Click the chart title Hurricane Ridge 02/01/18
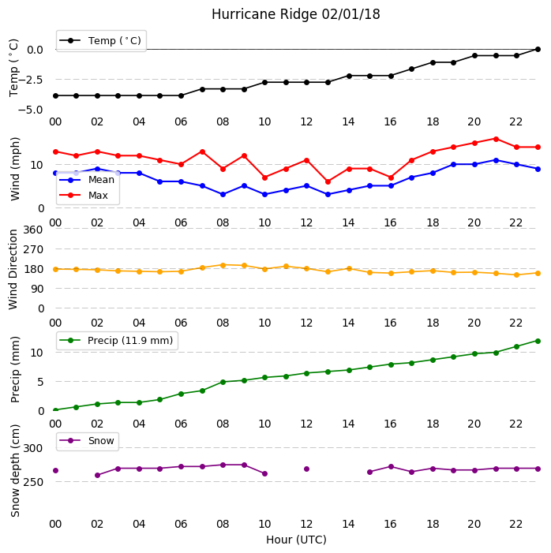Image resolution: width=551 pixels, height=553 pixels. (296, 14)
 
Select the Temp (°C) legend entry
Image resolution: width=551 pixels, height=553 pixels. (100, 41)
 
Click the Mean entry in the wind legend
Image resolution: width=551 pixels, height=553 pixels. (87, 180)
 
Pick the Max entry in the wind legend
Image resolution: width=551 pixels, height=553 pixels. (84, 196)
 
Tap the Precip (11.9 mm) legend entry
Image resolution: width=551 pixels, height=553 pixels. (117, 340)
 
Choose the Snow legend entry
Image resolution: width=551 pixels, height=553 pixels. (87, 441)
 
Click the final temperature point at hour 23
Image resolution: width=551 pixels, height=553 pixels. (538, 50)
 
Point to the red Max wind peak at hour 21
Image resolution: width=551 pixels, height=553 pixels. (496, 139)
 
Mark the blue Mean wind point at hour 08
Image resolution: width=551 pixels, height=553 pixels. (223, 194)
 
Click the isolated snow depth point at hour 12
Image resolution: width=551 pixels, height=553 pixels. (306, 469)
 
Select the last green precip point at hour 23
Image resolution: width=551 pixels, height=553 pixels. (538, 341)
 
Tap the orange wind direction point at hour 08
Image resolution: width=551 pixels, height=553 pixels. (223, 265)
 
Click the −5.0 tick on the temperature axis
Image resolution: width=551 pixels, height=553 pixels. (30, 110)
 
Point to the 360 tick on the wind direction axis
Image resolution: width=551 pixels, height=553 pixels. (33, 230)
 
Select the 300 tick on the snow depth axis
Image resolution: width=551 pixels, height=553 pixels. (33, 448)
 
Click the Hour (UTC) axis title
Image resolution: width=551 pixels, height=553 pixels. (296, 540)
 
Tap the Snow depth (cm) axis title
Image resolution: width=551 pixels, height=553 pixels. (15, 471)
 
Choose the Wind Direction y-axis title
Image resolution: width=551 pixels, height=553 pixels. (13, 270)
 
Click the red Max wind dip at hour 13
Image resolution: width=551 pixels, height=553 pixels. (328, 181)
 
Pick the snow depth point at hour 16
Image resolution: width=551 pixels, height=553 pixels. (391, 466)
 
